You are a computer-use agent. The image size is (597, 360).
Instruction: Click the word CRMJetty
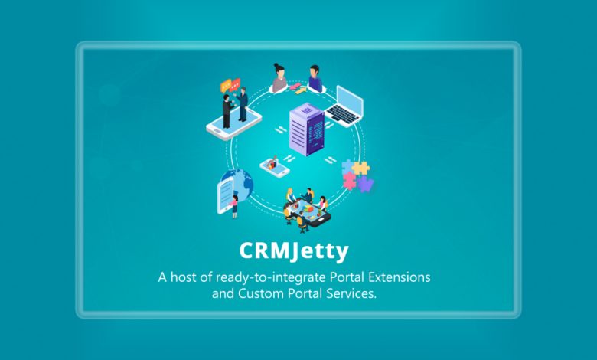tap(294, 251)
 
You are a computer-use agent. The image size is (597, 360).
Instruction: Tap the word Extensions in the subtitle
tap(399, 277)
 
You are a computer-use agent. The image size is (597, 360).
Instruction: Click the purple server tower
tap(307, 129)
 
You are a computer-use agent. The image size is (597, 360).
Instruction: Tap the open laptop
tap(344, 106)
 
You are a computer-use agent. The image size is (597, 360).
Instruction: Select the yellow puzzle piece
tap(360, 168)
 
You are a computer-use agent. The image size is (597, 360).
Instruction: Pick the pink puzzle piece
tap(349, 181)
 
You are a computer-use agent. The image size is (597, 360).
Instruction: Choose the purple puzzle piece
tap(365, 184)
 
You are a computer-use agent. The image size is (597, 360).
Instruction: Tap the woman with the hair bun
tap(279, 78)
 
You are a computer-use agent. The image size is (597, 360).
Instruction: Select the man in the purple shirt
tap(315, 78)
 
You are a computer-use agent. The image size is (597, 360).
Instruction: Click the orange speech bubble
tap(226, 86)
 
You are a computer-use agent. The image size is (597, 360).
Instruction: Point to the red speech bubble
tap(235, 84)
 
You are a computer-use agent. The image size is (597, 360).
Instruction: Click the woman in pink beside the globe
tap(233, 207)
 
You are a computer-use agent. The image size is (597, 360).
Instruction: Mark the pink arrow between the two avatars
tap(294, 87)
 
